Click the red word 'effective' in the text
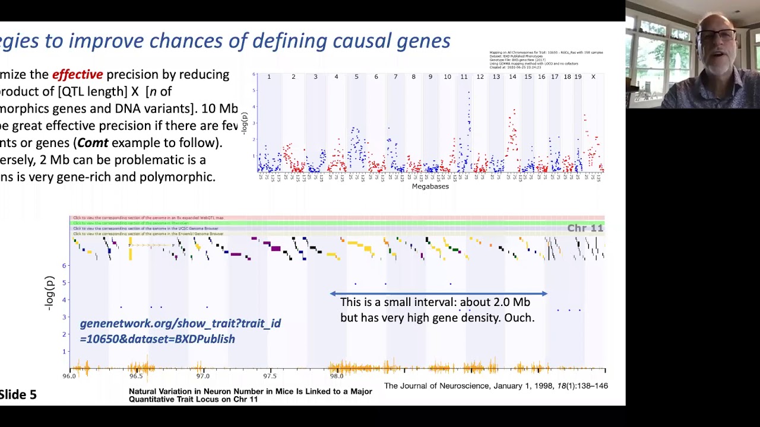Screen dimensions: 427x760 click(77, 75)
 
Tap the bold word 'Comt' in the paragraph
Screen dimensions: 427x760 click(93, 143)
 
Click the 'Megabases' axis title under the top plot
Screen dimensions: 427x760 click(430, 186)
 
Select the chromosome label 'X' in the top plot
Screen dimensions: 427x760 click(593, 77)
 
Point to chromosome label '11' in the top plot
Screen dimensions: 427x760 click(464, 77)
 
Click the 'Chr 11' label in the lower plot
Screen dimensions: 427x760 click(585, 228)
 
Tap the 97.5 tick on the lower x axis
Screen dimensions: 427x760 click(270, 376)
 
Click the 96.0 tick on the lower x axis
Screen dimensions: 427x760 click(69, 376)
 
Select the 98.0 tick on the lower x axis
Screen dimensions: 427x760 click(337, 376)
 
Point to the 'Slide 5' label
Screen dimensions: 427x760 click(18, 395)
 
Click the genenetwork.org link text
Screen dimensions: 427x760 click(180, 331)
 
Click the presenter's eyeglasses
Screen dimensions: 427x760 click(717, 36)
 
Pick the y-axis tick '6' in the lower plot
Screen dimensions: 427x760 click(64, 266)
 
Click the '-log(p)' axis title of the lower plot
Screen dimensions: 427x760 click(50, 292)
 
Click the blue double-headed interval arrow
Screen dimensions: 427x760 click(438, 294)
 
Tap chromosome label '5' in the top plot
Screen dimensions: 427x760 click(356, 77)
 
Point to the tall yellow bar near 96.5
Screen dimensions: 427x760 click(130, 251)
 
